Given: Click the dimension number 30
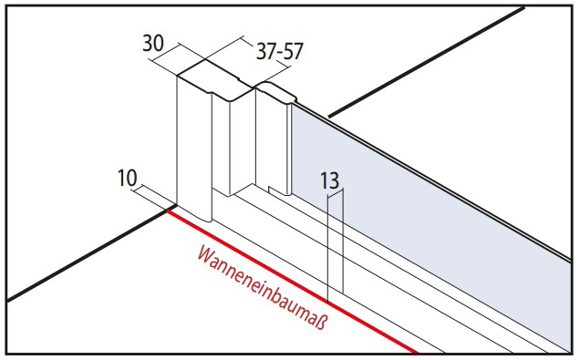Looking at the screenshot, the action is [x=153, y=44].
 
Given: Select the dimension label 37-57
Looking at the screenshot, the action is [x=280, y=51].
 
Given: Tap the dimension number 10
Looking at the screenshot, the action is [x=127, y=178].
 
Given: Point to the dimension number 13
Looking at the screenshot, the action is [x=329, y=180].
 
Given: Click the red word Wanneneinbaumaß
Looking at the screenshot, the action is [x=263, y=287].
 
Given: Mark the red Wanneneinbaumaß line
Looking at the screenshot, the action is [x=292, y=282].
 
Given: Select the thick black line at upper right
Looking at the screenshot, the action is [x=427, y=62].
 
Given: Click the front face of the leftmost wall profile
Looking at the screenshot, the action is [x=193, y=148].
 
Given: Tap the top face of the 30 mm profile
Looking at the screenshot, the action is [x=214, y=80].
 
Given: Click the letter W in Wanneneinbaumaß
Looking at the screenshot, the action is [x=206, y=254].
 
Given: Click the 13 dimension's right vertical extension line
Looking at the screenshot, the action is [x=344, y=242].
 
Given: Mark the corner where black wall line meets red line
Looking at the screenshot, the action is [x=168, y=211].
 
